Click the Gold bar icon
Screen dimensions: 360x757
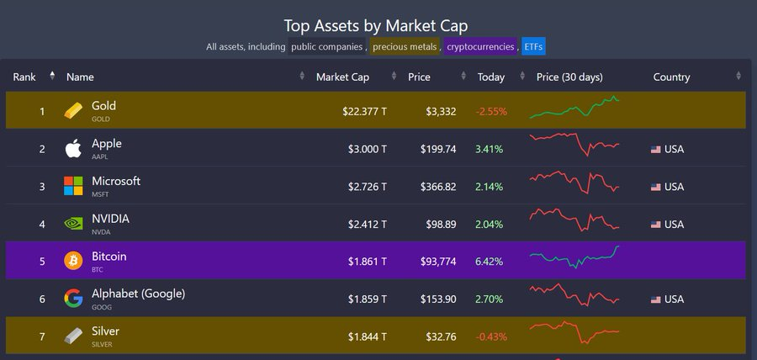pos(74,111)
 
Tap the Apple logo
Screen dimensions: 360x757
pos(73,149)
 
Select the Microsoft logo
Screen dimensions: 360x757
pos(73,186)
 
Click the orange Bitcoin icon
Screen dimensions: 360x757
pos(73,261)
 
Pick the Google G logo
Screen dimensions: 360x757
pos(73,299)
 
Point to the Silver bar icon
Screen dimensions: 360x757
pos(73,336)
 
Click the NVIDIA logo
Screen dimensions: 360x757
pos(73,224)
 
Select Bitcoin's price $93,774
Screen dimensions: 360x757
pos(438,262)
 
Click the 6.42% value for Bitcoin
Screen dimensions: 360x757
pos(489,262)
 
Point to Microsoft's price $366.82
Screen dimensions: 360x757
pos(438,187)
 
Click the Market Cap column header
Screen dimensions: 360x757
pos(342,77)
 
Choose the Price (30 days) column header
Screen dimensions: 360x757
pos(569,77)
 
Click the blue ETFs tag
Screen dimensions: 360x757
pos(533,46)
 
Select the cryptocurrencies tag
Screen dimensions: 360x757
pos(479,46)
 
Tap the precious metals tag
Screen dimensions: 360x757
pos(405,46)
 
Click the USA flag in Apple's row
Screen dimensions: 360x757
pos(656,150)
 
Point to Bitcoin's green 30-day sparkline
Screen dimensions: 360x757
pos(574,257)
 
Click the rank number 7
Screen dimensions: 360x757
pos(41,336)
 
